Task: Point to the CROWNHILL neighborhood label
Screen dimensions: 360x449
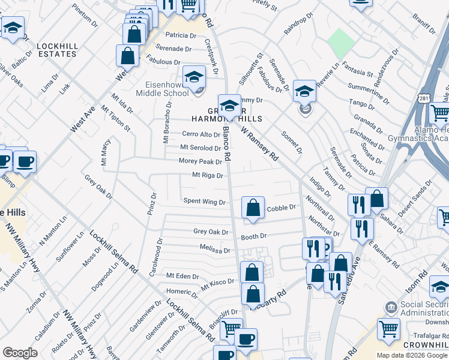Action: [x=424, y=346]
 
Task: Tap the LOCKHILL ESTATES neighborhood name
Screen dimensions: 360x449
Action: [x=56, y=50]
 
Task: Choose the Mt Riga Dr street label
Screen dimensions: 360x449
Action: [x=207, y=176]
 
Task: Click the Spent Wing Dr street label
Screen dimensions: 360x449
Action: [x=204, y=202]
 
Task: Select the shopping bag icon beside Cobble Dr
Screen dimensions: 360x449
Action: [x=253, y=208]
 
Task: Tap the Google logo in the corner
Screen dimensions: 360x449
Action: [x=20, y=353]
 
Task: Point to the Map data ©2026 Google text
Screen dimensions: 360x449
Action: [x=412, y=355]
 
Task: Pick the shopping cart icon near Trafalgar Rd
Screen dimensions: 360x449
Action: [x=388, y=329]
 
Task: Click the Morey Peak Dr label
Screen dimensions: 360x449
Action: [x=200, y=161]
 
